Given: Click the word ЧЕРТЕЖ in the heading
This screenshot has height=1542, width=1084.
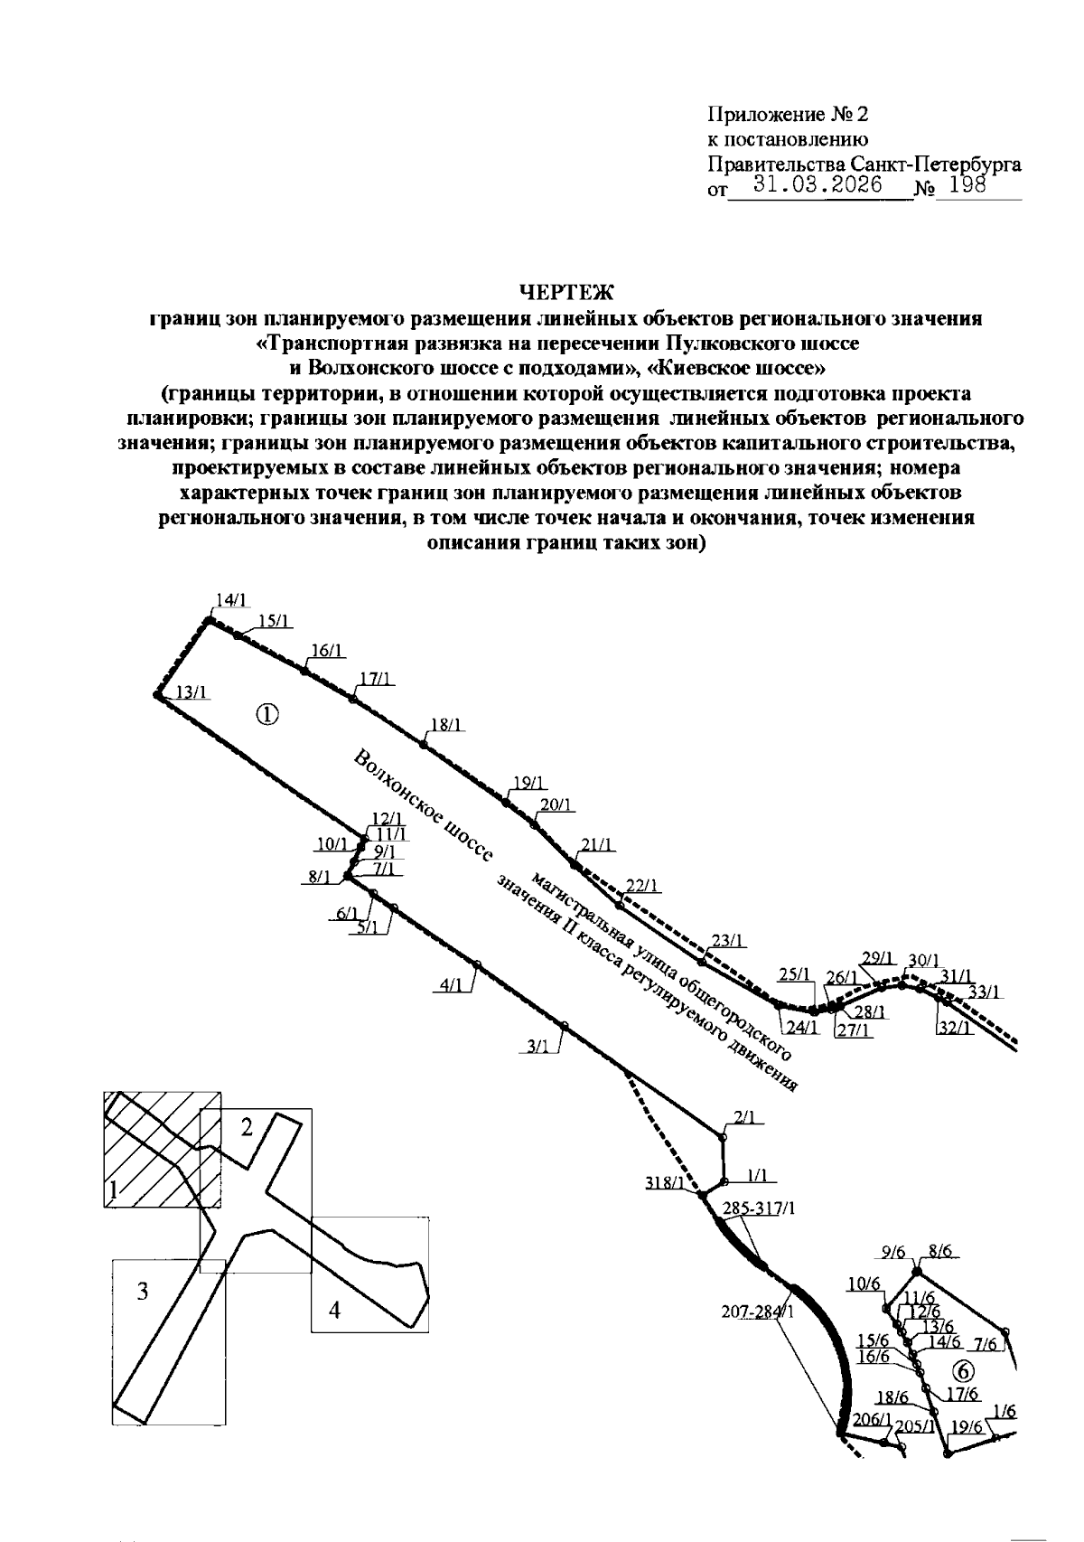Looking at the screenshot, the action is click(x=565, y=293).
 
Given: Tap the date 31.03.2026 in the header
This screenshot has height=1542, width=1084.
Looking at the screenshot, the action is click(x=818, y=184).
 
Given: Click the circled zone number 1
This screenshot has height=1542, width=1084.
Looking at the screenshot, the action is click(x=267, y=715).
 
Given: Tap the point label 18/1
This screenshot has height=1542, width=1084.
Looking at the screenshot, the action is click(x=447, y=724).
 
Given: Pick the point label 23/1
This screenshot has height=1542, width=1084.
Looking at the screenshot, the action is click(x=728, y=940).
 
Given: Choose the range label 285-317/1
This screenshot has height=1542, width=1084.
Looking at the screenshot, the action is click(x=759, y=1208).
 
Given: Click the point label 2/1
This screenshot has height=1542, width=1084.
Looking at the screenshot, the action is click(x=744, y=1118).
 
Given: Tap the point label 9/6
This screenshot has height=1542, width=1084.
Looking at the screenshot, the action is click(x=892, y=1252).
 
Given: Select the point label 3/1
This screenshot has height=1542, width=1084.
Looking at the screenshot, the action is click(x=537, y=1048).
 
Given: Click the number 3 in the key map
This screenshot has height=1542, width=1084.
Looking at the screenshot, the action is click(x=143, y=1293).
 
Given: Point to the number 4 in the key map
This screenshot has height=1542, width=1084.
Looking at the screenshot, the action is click(x=334, y=1310).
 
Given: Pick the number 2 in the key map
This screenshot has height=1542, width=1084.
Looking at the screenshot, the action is click(x=247, y=1127).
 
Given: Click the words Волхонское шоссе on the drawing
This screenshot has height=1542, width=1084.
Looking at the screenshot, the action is click(x=423, y=807).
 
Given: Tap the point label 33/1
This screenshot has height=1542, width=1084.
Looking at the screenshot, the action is click(x=984, y=992).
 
